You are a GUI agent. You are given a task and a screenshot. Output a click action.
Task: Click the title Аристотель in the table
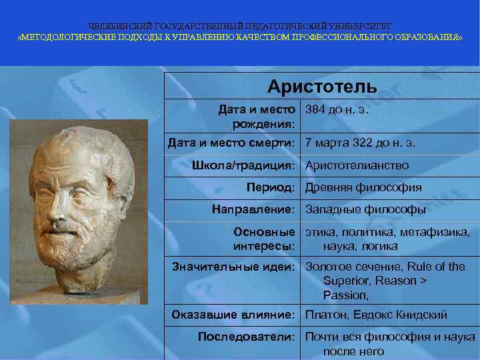(322, 87)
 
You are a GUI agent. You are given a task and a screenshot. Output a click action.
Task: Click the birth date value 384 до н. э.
(337, 109)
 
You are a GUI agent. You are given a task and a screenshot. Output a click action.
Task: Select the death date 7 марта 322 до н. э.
(360, 143)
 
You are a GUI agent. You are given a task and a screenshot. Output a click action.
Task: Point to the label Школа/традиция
(243, 165)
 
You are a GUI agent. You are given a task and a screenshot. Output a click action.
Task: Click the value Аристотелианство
(357, 165)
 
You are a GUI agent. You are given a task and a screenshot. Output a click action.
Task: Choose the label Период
(270, 187)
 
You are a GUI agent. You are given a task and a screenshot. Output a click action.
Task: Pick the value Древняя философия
(363, 187)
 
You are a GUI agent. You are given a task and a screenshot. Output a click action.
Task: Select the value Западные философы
(365, 209)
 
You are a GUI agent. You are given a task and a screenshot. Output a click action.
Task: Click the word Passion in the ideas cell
(345, 295)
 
